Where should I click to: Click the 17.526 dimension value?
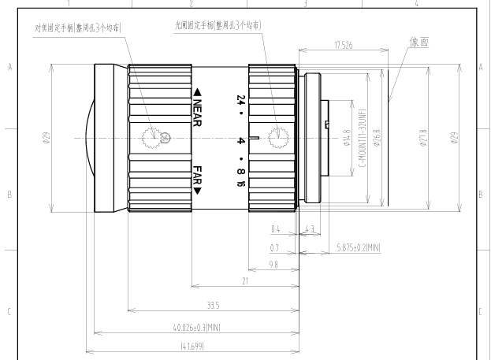coord(343,45)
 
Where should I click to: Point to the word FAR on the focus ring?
coord(198,179)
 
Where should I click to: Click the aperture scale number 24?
coord(240,100)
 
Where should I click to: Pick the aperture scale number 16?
coord(240,184)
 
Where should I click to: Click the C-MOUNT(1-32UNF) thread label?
coord(363,143)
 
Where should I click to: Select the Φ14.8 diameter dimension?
coord(347,142)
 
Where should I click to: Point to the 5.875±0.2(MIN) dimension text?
coord(358,247)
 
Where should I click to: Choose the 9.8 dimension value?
coord(273,265)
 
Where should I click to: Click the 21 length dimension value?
coord(246,281)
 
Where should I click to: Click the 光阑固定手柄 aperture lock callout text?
coord(218,25)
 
